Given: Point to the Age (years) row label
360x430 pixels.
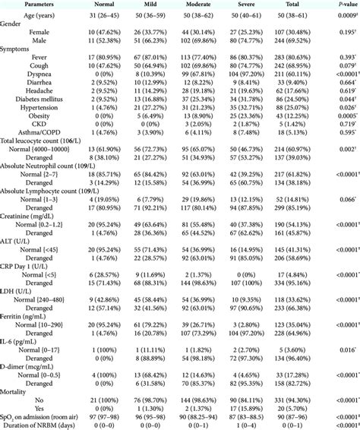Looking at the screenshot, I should (x=46, y=14).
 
